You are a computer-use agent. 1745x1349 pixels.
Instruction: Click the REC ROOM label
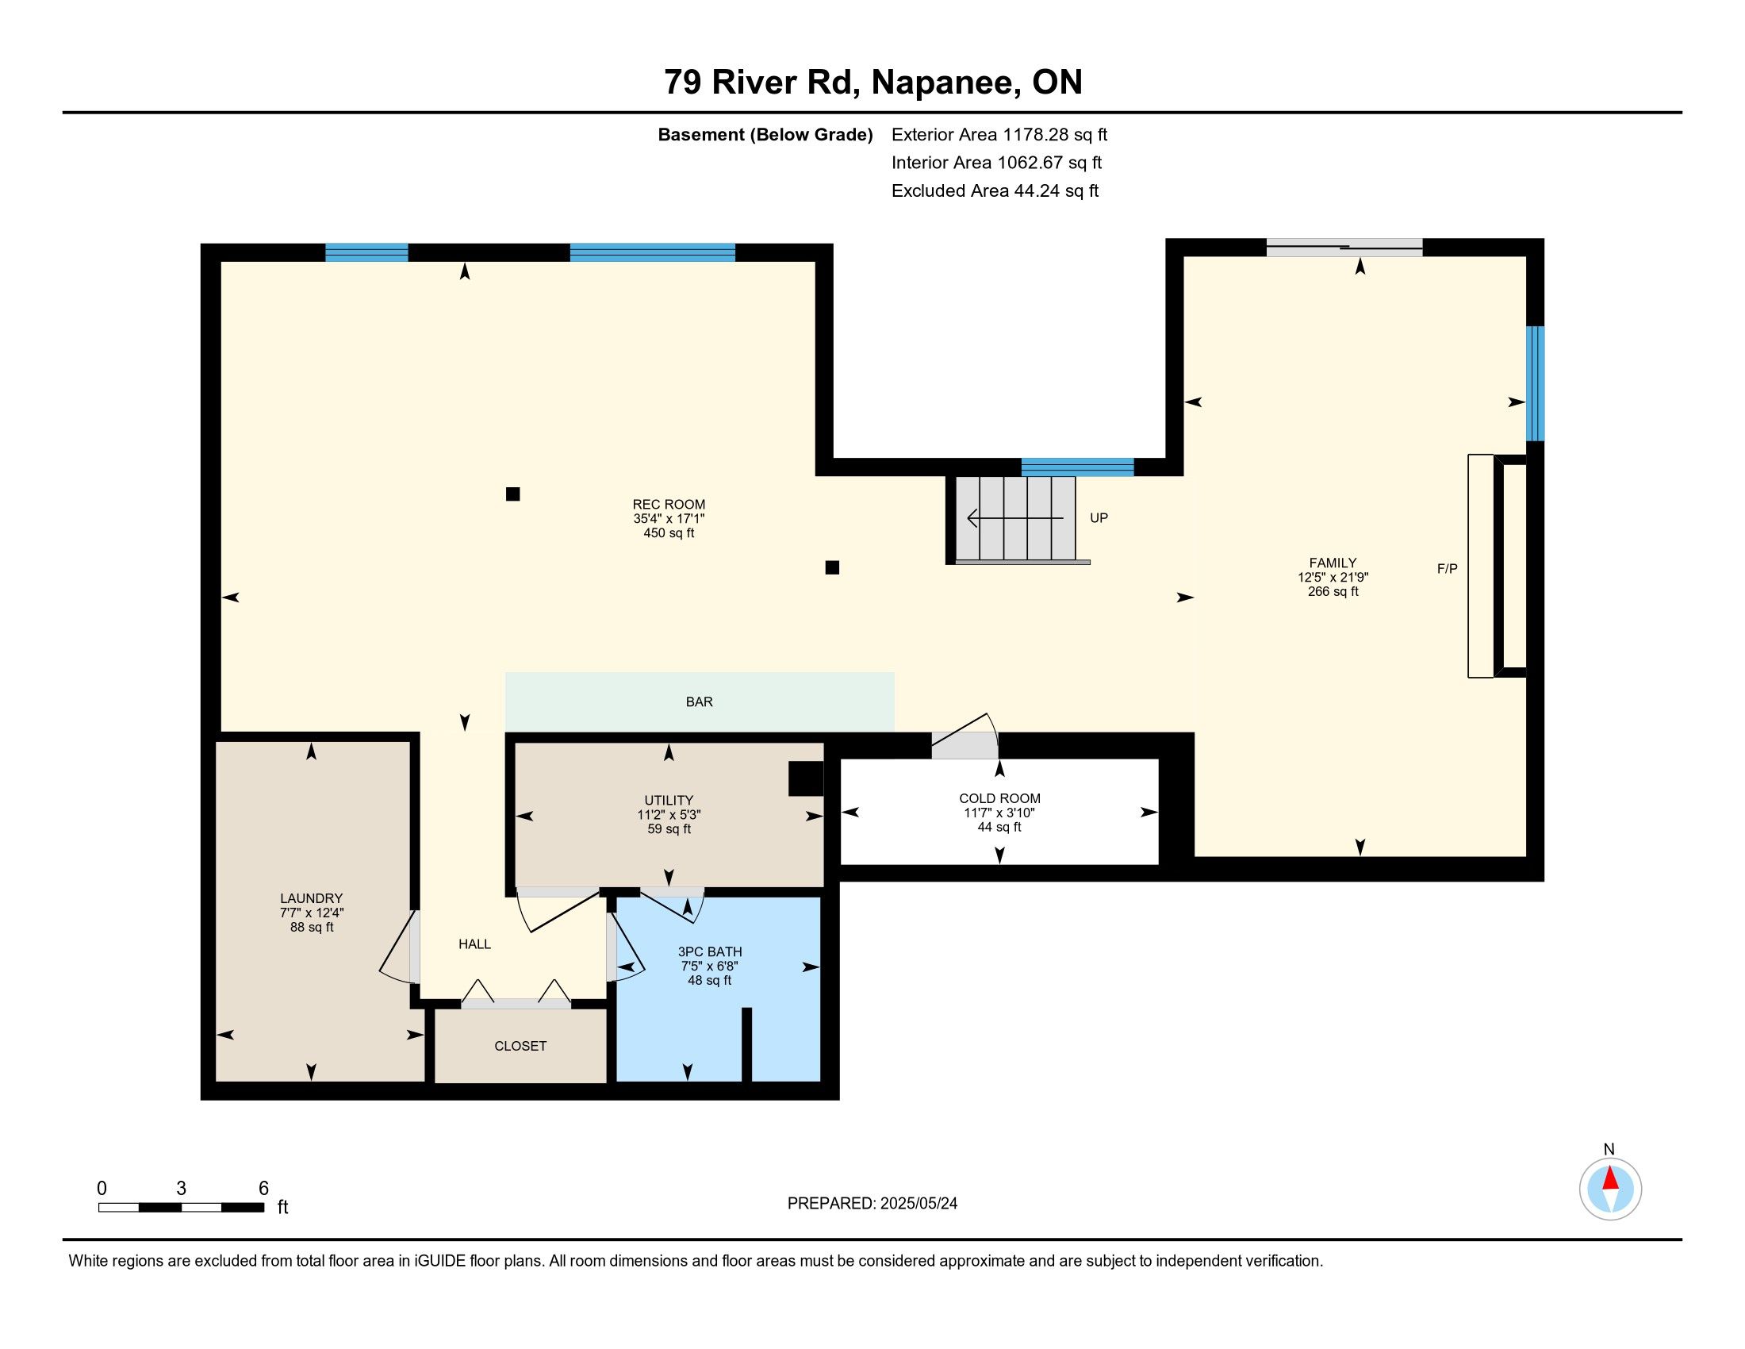(669, 504)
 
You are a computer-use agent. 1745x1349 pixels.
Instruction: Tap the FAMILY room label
(1333, 563)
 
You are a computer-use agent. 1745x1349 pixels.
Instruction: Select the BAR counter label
(699, 701)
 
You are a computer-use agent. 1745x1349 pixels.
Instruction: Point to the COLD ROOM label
(999, 798)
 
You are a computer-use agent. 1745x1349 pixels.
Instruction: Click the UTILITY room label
(669, 800)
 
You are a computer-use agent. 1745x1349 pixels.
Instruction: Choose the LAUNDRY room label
(312, 898)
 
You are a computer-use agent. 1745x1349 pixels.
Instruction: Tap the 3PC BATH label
(710, 951)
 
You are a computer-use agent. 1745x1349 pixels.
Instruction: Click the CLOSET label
(520, 1046)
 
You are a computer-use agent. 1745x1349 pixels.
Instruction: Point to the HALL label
(474, 944)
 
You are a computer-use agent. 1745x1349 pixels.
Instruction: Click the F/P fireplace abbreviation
(1447, 569)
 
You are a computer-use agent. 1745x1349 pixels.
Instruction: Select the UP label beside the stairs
(1099, 518)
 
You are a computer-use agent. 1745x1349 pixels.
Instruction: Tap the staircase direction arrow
(1015, 518)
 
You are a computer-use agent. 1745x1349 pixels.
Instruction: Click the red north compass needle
(1610, 1178)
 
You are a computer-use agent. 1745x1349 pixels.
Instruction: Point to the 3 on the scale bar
(182, 1189)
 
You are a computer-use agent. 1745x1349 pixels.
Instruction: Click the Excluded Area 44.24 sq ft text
(995, 191)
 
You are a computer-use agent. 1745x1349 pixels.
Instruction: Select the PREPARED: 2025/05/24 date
(872, 1204)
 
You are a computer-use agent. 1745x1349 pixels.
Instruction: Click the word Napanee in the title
(945, 82)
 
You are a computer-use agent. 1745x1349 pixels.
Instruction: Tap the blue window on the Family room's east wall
(1535, 383)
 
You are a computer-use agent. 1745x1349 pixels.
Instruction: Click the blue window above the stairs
(1077, 467)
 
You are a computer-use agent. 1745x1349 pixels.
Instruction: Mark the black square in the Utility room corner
(805, 778)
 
